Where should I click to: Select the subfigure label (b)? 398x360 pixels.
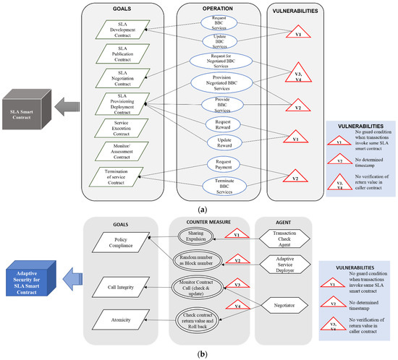(199, 354)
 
